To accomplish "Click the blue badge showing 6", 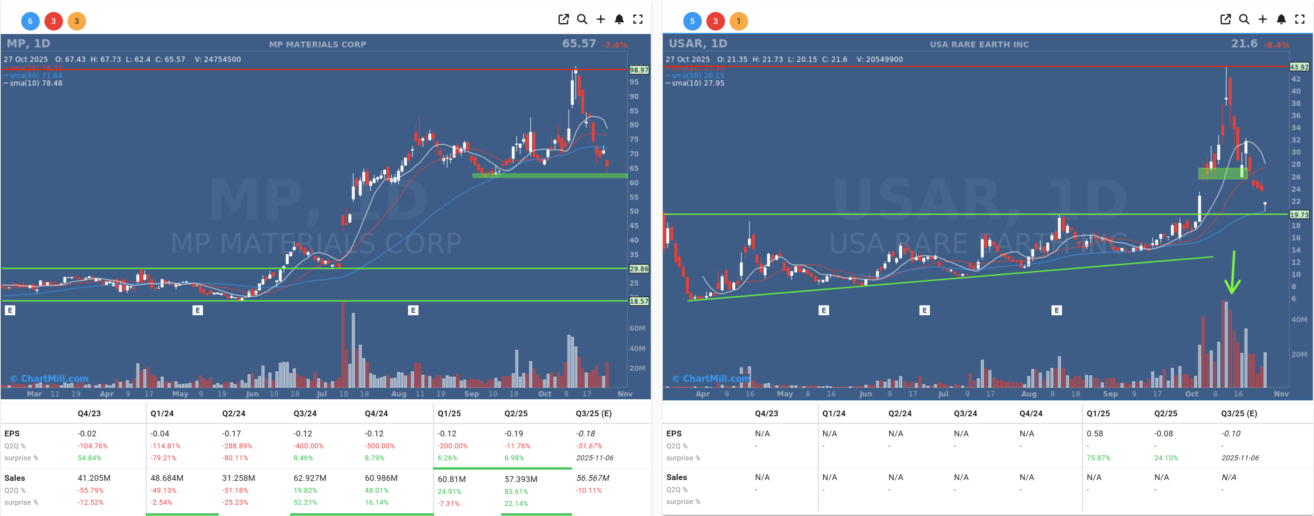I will (30, 21).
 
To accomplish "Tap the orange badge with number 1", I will (738, 21).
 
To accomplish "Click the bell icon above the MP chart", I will (619, 19).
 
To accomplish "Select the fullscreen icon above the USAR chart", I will (1299, 19).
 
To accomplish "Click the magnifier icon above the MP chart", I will (582, 19).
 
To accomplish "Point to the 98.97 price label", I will (638, 70).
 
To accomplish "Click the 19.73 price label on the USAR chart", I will (1299, 215).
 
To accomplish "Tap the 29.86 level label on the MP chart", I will (638, 269).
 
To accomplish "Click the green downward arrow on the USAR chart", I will (1233, 273).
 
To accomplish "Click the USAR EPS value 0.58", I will (1094, 434).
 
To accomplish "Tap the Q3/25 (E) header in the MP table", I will (593, 414).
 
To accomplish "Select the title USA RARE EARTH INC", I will (979, 44).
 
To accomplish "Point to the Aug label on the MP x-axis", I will (398, 394).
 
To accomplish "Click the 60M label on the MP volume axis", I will (637, 328).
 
